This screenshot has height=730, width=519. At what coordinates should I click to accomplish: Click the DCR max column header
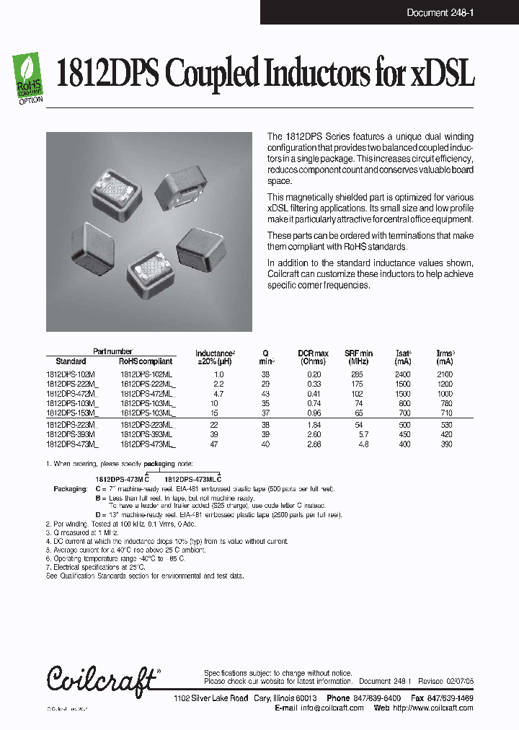click(x=314, y=357)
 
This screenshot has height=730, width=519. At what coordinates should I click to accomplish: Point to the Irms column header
click(x=445, y=357)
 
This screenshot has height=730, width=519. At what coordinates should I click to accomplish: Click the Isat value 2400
click(x=402, y=375)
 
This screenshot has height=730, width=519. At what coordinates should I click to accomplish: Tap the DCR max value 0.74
click(x=314, y=403)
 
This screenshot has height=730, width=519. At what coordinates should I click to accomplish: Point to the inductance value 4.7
click(x=219, y=394)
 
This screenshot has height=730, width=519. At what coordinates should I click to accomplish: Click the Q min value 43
click(x=265, y=394)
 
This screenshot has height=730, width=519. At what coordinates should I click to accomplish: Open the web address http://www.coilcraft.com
click(x=432, y=708)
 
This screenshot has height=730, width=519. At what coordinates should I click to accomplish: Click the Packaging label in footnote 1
click(x=70, y=488)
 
